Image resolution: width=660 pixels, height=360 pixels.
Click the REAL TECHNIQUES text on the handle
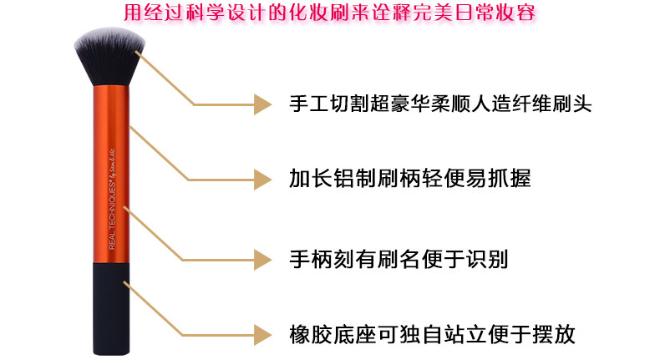[111, 209]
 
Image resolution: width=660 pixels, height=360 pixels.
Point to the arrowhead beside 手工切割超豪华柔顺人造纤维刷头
[263, 104]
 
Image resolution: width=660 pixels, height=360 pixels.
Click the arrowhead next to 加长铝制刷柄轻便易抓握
[263, 179]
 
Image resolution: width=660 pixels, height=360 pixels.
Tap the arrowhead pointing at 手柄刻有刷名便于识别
[263, 261]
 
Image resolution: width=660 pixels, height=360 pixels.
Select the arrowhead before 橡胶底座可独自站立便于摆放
[263, 335]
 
